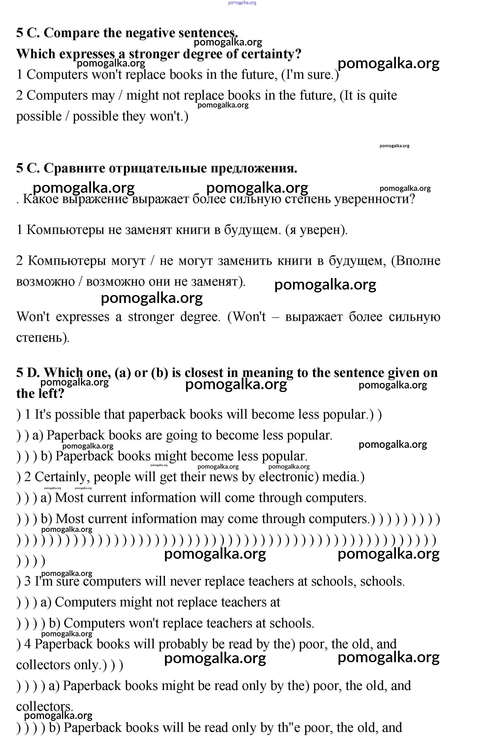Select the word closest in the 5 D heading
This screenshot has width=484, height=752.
(x=204, y=373)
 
